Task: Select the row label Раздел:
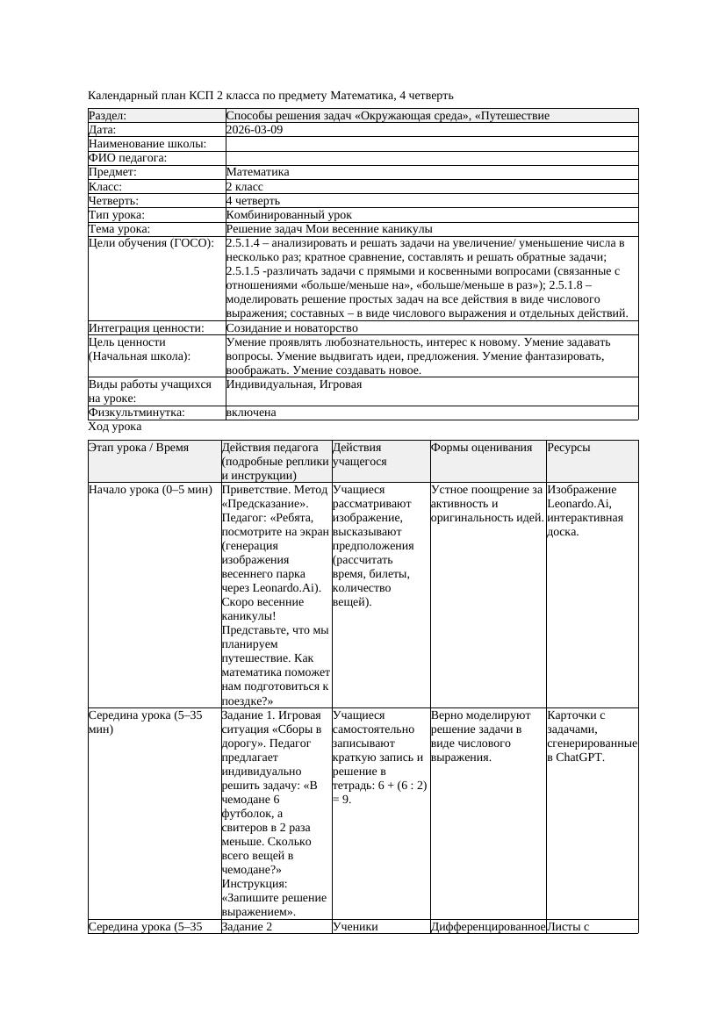[108, 116]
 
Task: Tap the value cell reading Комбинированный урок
[289, 215]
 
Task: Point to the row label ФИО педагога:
[128, 158]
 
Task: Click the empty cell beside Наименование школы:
[431, 144]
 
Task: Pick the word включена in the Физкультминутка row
[251, 413]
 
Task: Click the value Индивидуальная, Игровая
[294, 384]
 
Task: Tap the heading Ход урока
[115, 427]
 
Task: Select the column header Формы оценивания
[482, 448]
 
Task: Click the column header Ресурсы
[569, 448]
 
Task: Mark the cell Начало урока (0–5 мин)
[144, 490]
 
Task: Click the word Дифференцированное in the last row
[487, 926]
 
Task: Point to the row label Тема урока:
[119, 229]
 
